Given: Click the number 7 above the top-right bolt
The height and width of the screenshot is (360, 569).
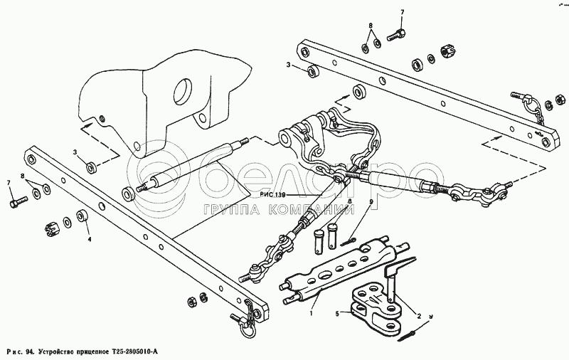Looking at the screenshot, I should pyautogui.click(x=401, y=13).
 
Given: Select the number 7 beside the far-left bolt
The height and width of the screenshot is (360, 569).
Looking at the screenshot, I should pyautogui.click(x=9, y=184).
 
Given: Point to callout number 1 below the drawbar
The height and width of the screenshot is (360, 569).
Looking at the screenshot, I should pyautogui.click(x=310, y=312).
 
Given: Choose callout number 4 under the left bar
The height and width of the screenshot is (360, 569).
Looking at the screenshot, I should pyautogui.click(x=90, y=240).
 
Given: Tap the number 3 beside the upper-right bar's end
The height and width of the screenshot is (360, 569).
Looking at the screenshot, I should pyautogui.click(x=288, y=65).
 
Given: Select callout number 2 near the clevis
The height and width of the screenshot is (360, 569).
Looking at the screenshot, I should pyautogui.click(x=418, y=316).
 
